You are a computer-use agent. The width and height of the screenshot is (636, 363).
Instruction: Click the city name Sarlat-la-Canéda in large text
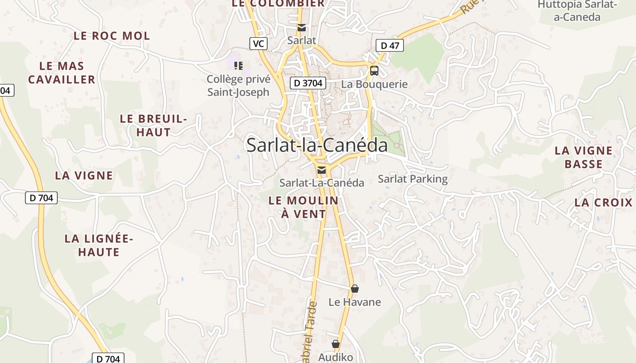tap(317, 145)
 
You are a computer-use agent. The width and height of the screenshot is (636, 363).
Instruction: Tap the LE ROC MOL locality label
tap(112, 36)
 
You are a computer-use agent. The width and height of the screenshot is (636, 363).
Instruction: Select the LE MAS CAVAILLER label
tap(62, 73)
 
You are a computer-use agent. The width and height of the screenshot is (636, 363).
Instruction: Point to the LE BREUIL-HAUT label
tap(154, 126)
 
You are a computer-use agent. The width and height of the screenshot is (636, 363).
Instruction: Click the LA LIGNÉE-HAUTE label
tap(99, 245)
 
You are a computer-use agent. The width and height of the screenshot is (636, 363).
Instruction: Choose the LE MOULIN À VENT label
tap(303, 207)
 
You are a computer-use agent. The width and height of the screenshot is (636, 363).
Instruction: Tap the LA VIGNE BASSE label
tap(584, 157)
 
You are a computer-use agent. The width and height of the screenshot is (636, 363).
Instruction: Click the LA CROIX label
tap(604, 202)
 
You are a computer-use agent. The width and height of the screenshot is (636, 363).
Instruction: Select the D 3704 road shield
tap(308, 83)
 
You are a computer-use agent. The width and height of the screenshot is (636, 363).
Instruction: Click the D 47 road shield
tap(390, 45)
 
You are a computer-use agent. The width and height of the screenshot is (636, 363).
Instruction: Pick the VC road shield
tap(258, 44)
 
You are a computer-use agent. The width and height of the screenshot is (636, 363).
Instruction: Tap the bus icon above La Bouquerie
tap(374, 71)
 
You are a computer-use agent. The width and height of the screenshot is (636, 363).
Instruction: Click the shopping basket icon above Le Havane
tap(355, 289)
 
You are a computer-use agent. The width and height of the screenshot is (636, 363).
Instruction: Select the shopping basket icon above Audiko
tap(336, 344)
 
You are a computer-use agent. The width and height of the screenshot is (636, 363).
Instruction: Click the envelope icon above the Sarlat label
tap(302, 28)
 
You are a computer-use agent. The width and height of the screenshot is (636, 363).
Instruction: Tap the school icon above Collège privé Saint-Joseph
tap(238, 66)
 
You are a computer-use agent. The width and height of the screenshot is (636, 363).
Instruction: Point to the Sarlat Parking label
tap(413, 179)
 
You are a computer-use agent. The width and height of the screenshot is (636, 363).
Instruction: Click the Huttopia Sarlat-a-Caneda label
tap(577, 11)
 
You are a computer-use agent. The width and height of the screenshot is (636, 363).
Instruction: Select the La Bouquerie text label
tap(374, 84)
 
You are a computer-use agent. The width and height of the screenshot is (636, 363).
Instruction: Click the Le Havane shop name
tap(355, 302)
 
